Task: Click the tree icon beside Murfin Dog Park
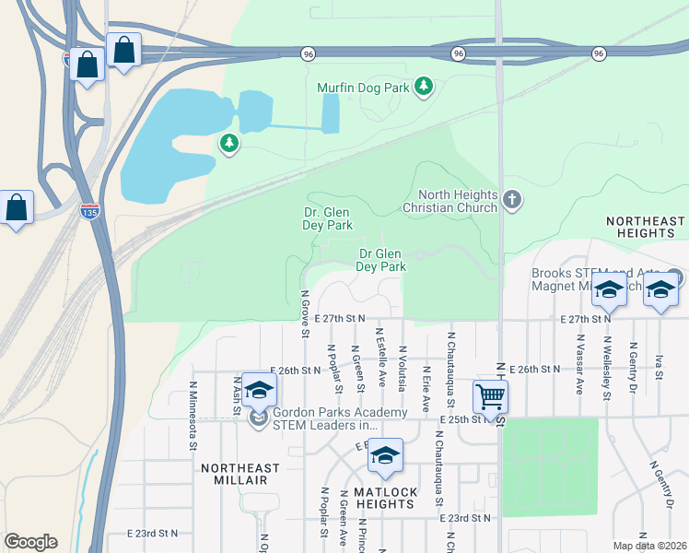tap(424, 87)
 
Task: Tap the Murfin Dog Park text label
tap(363, 88)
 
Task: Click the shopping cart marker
tap(490, 397)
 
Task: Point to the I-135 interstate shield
tap(89, 210)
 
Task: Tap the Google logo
tap(30, 542)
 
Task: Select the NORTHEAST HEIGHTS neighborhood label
tap(646, 227)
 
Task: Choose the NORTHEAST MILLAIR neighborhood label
tap(234, 474)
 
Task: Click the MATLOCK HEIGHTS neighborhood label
tap(385, 498)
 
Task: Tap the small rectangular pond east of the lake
tap(330, 114)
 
